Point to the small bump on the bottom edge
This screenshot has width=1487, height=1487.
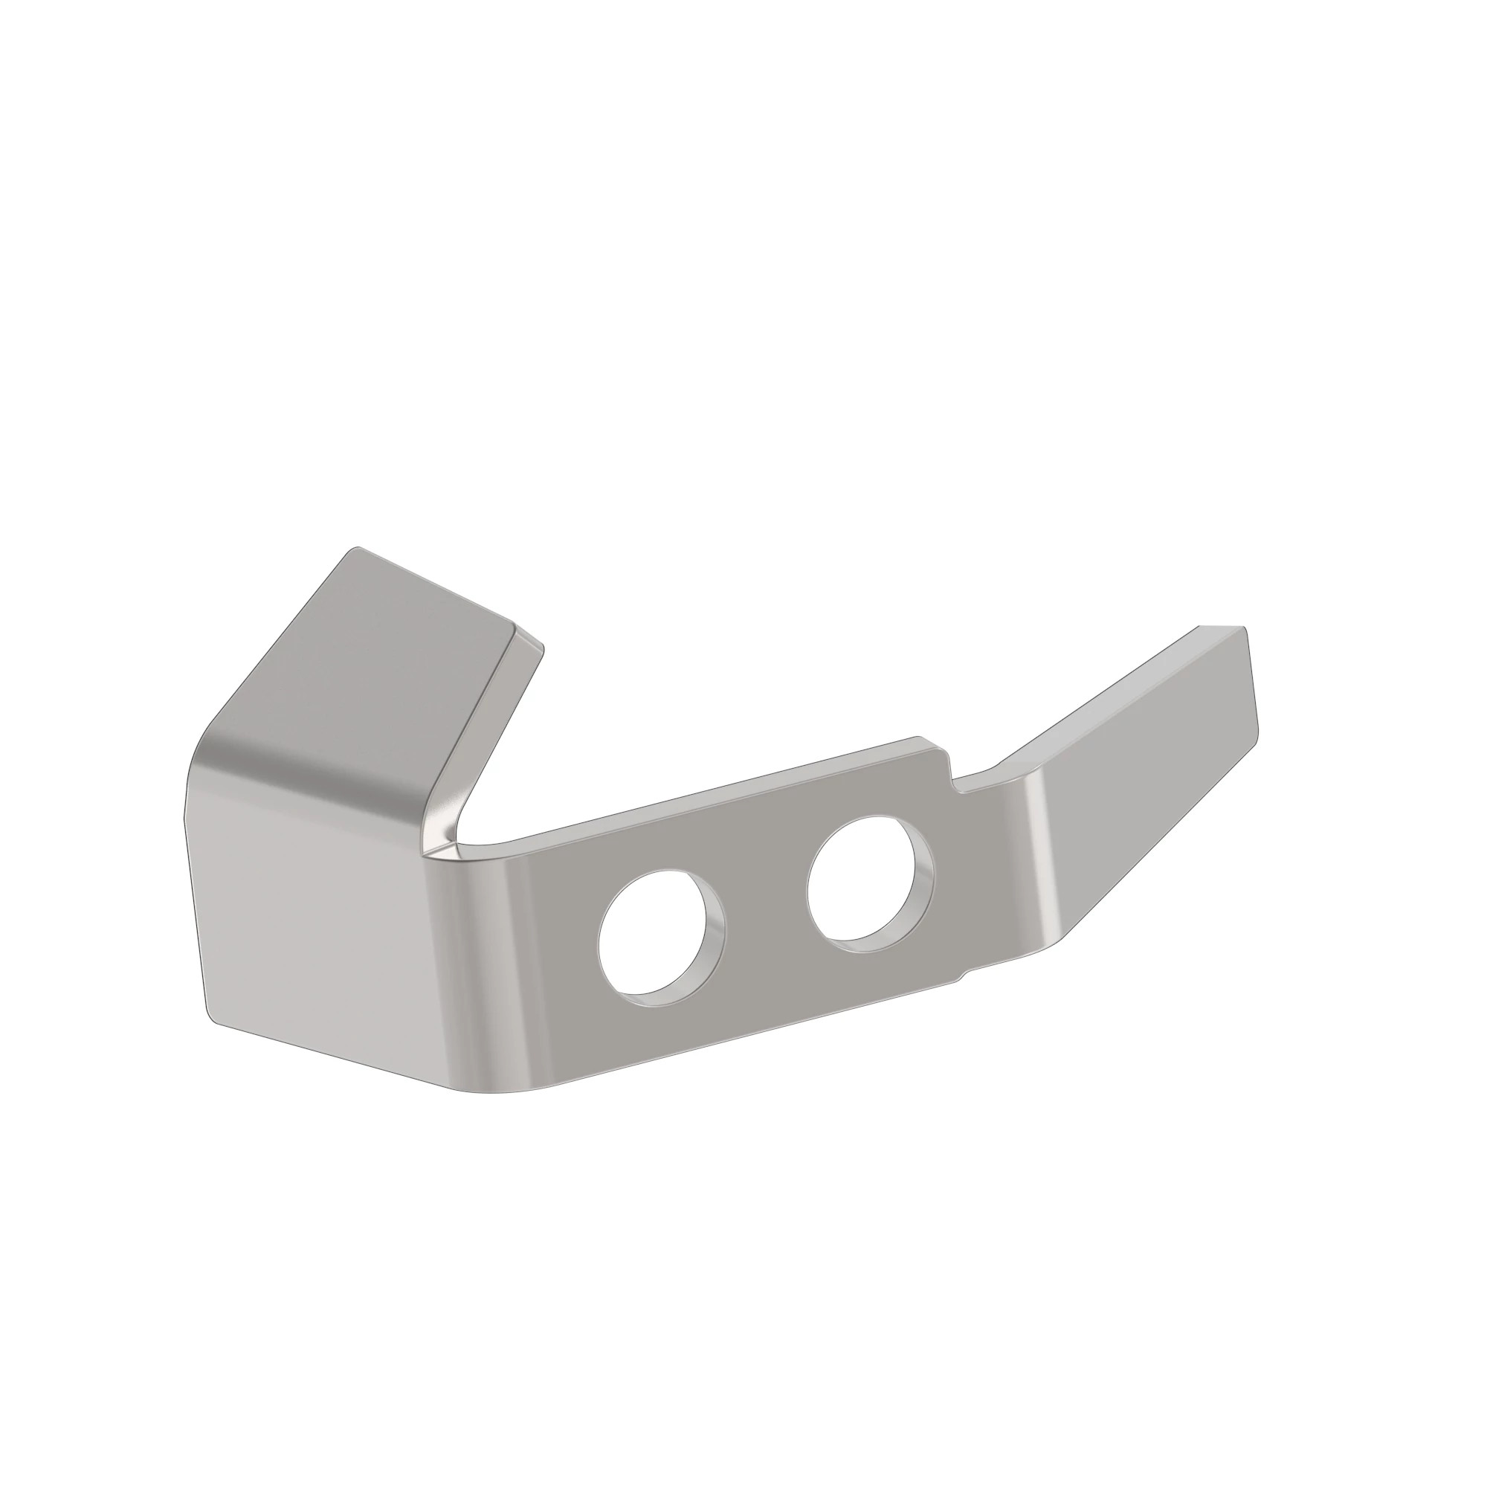tap(959, 979)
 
